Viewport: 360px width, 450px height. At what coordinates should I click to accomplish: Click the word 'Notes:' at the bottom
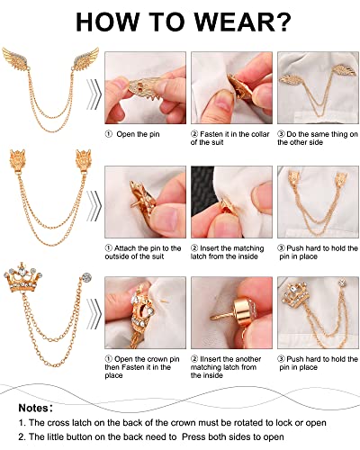35,408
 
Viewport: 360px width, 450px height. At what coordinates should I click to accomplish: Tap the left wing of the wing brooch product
21,67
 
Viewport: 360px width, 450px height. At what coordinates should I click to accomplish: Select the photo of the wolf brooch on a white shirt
311,202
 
